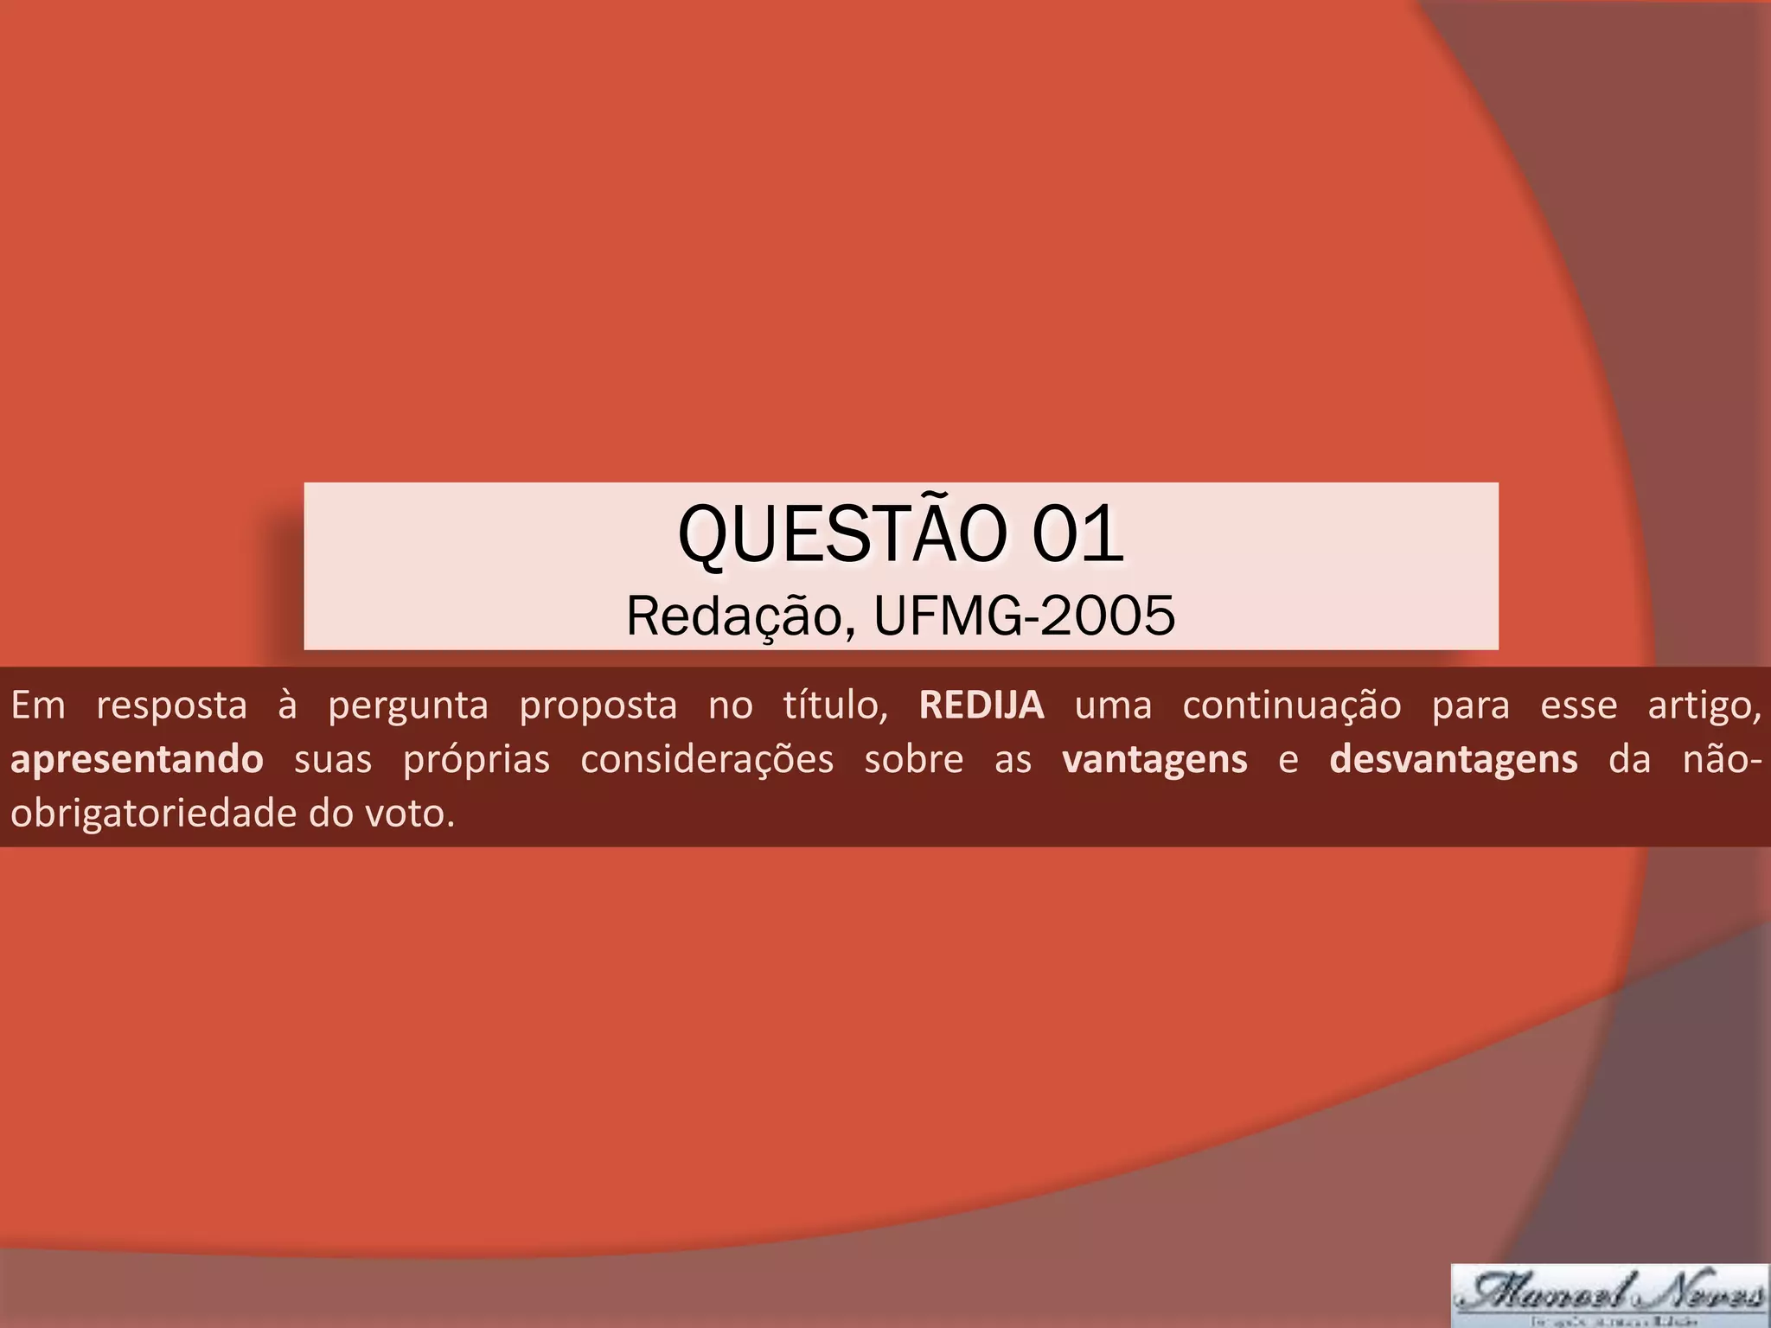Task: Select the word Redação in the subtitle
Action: tap(734, 616)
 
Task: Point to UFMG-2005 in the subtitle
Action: tap(1025, 616)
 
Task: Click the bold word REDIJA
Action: tap(981, 705)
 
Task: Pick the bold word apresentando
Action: tap(137, 760)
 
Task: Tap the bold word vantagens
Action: tap(1155, 760)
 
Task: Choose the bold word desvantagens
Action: tap(1454, 760)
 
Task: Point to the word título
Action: tap(835, 705)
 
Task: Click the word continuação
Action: tap(1292, 705)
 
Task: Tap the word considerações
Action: tap(707, 760)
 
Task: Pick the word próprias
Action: tap(476, 760)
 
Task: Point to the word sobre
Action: tap(914, 760)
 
